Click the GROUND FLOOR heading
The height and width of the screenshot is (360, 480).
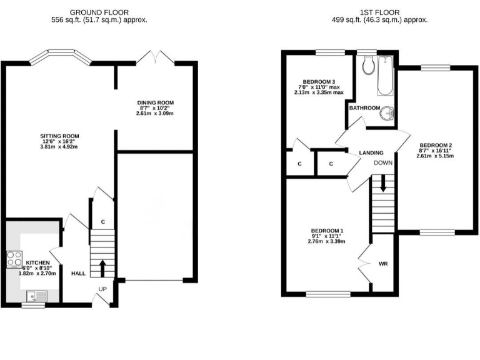[100, 12]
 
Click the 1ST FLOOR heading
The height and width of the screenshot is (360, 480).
[379, 12]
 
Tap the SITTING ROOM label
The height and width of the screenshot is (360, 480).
[59, 136]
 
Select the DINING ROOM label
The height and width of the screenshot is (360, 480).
[156, 102]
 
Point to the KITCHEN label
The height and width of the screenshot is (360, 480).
[37, 262]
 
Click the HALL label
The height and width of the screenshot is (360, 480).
[78, 273]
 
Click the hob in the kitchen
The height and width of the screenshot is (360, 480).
[14, 259]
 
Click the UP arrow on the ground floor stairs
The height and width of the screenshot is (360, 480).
[102, 267]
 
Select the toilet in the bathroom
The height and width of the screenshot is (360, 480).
[367, 64]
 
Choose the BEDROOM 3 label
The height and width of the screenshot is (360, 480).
[319, 82]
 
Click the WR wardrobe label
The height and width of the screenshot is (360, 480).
[383, 264]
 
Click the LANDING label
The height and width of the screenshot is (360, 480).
[371, 152]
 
